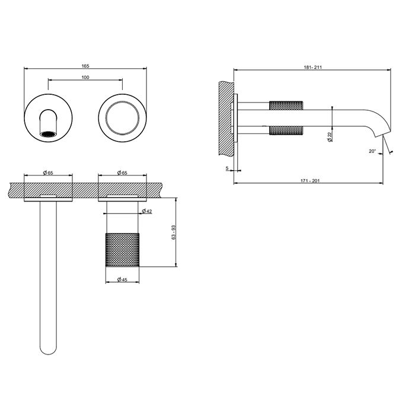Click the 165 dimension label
[x=85, y=66]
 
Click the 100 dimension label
[x=85, y=77]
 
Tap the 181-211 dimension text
[x=312, y=67]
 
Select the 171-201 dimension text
[x=310, y=181]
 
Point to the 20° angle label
[x=372, y=151]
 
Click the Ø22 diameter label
[x=330, y=137]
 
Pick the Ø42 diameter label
[x=147, y=211]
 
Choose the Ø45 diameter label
[x=122, y=279]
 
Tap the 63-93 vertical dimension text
[x=173, y=232]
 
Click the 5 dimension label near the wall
[x=227, y=168]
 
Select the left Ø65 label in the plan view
[x=48, y=173]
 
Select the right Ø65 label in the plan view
[x=122, y=173]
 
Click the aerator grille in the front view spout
[x=48, y=134]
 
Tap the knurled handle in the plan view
[x=122, y=250]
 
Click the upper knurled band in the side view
[x=286, y=106]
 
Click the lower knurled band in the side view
[x=286, y=131]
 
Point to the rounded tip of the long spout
[x=48, y=350]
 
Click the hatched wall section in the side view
[x=226, y=119]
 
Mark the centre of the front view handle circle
[x=122, y=117]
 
